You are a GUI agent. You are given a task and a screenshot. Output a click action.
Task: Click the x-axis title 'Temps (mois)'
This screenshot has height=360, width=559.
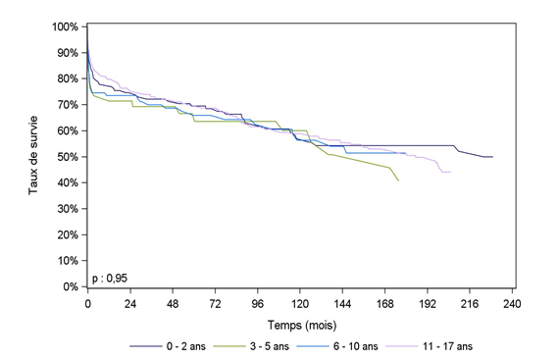299,323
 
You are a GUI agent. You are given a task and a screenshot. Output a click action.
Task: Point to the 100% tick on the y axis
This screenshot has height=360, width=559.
68,26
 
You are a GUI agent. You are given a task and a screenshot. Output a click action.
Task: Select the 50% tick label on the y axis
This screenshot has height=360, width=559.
70,157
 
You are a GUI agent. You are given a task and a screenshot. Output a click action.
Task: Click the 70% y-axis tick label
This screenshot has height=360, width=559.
70,104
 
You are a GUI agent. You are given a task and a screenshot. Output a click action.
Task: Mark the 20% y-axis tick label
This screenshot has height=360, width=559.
70,235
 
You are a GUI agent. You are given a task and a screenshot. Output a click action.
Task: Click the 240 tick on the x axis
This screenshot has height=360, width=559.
511,304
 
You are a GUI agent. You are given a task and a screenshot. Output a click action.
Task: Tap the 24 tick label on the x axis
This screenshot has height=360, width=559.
129,304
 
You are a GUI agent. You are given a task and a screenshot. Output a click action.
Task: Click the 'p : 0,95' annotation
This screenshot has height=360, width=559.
110,279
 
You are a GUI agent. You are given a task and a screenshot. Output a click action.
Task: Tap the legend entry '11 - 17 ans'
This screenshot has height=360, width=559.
446,346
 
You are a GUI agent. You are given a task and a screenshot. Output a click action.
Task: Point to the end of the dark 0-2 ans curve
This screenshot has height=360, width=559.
493,157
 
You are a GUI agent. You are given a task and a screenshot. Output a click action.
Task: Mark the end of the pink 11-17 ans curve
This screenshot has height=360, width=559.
451,173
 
